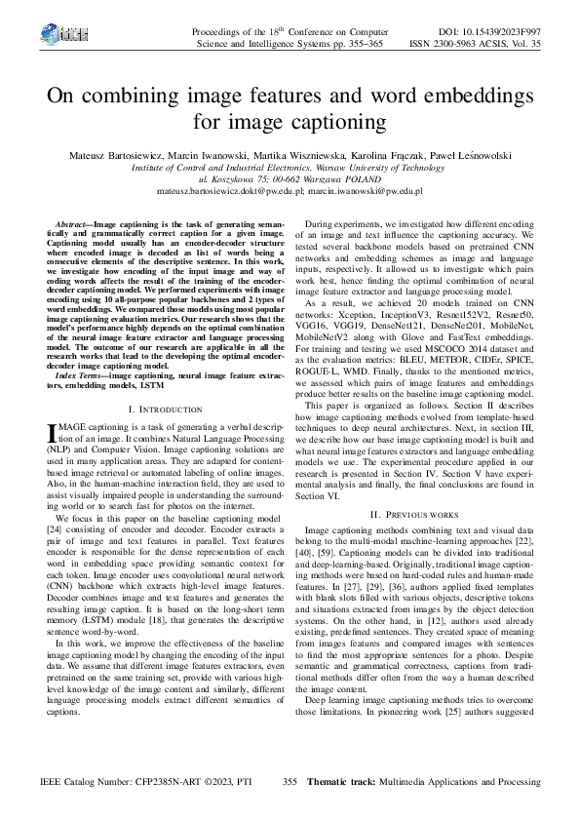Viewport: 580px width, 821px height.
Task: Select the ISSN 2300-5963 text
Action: pos(467,44)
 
